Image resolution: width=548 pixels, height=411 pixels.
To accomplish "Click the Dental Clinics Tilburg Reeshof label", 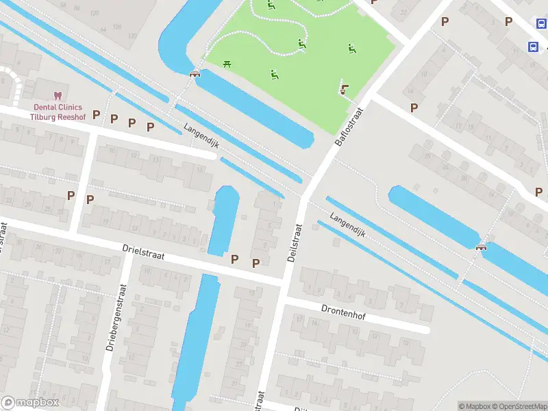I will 58,112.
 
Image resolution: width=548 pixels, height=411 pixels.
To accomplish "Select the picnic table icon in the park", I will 227,64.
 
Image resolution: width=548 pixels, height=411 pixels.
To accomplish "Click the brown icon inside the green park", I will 345,89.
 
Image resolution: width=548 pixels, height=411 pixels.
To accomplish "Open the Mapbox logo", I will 29,403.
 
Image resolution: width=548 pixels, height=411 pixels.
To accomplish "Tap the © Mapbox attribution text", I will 474,406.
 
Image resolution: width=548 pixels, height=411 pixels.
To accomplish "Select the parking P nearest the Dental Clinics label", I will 97,114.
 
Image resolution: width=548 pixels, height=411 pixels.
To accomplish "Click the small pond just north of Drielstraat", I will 223,218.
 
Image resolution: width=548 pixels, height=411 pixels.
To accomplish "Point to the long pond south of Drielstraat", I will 197,336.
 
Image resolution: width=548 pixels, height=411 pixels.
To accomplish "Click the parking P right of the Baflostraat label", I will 414,108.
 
